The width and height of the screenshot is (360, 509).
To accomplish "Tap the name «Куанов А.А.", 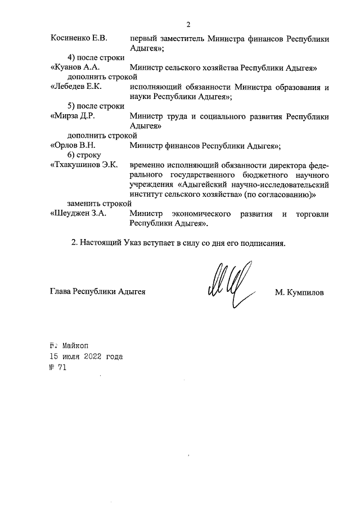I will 75,68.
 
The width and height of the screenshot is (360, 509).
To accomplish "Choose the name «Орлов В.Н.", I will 73,146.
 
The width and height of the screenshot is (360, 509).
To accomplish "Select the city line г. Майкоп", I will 69,345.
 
